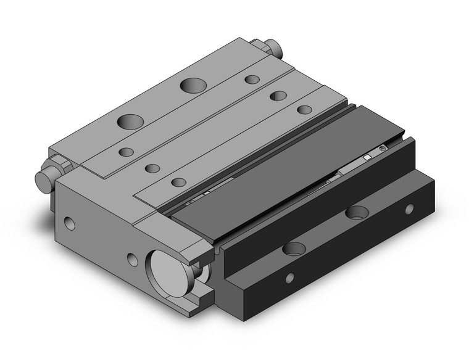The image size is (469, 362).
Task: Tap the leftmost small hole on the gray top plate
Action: [126, 152]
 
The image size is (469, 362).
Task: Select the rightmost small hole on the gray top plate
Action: [304, 110]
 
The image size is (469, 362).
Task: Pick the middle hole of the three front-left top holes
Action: [152, 167]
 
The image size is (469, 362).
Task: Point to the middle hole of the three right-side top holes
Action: [278, 96]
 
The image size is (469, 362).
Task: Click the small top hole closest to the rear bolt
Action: [252, 79]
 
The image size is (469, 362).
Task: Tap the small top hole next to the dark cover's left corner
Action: [179, 182]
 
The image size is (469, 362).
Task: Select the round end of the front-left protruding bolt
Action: [43, 179]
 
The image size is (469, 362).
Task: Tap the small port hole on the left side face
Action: [68, 220]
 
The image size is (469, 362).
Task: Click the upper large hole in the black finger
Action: [357, 213]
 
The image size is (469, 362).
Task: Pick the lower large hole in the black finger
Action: [294, 250]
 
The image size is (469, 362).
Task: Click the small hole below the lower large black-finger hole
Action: [289, 278]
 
